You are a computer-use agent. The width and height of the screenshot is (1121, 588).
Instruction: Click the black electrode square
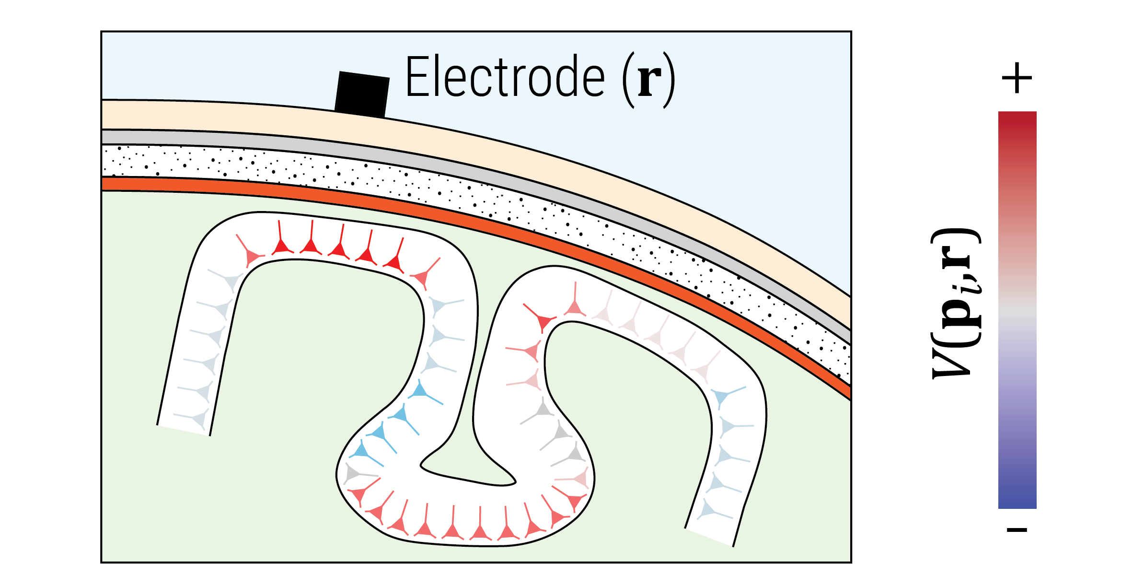point(362,94)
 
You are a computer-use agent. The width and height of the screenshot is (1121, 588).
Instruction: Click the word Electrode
point(505,76)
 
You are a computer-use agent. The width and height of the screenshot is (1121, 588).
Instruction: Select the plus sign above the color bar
point(1017,78)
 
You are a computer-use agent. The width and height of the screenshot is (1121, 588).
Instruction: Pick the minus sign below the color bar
point(1017,529)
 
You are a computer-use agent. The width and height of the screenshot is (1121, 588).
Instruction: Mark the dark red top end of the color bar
point(1017,118)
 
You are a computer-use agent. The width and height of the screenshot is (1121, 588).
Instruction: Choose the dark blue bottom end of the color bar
point(1017,502)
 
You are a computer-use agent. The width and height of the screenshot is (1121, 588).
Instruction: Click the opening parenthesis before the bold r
point(628,80)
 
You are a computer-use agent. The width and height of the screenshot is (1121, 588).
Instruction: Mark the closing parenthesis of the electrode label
point(670,80)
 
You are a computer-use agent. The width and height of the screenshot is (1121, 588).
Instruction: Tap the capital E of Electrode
point(417,76)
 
